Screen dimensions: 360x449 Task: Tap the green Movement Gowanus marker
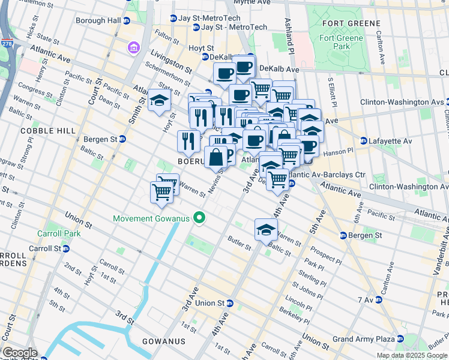[x=200, y=218]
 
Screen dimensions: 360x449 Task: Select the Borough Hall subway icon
[x=126, y=20]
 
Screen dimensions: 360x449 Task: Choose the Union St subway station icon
[x=230, y=304]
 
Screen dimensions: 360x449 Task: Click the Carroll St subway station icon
[x=66, y=248]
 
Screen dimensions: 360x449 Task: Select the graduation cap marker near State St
[x=159, y=101]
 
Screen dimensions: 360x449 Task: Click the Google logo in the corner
[x=19, y=353]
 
